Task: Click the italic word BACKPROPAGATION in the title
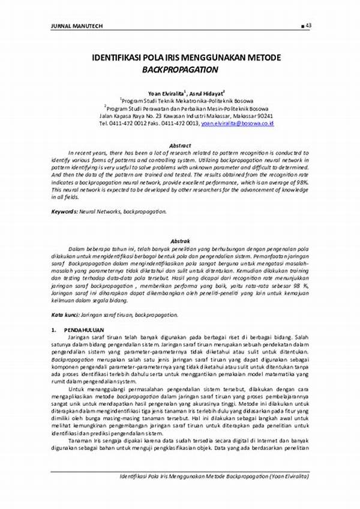(179, 70)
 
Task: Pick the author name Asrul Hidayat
(207, 94)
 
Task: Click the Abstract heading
(180, 145)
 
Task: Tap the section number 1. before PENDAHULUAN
(53, 330)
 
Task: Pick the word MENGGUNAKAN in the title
(210, 58)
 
